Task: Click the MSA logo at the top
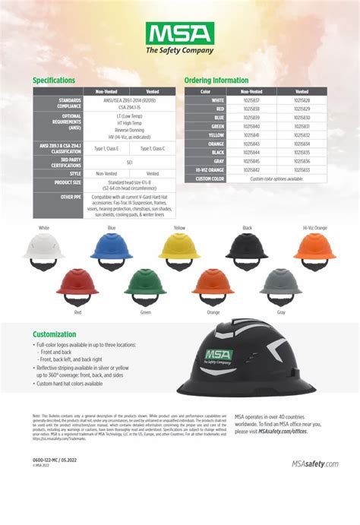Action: [179, 37]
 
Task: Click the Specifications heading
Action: [53, 80]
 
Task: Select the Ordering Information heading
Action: [216, 80]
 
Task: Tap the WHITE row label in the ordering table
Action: [218, 100]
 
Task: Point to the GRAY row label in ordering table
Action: [218, 161]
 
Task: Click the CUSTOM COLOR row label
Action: [210, 179]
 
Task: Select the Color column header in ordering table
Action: [204, 91]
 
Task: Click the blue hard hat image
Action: [112, 250]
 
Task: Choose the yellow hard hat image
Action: [179, 250]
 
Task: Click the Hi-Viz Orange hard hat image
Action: [314, 250]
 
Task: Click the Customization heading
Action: [55, 334]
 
